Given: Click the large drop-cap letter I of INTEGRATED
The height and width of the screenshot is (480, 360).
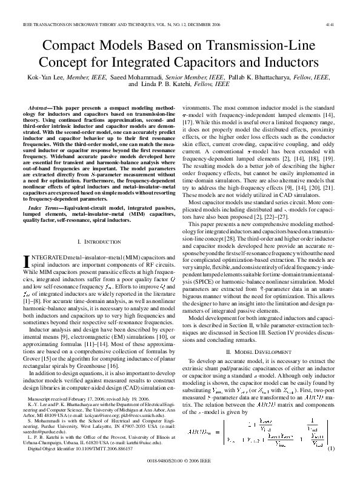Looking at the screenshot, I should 27,261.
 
